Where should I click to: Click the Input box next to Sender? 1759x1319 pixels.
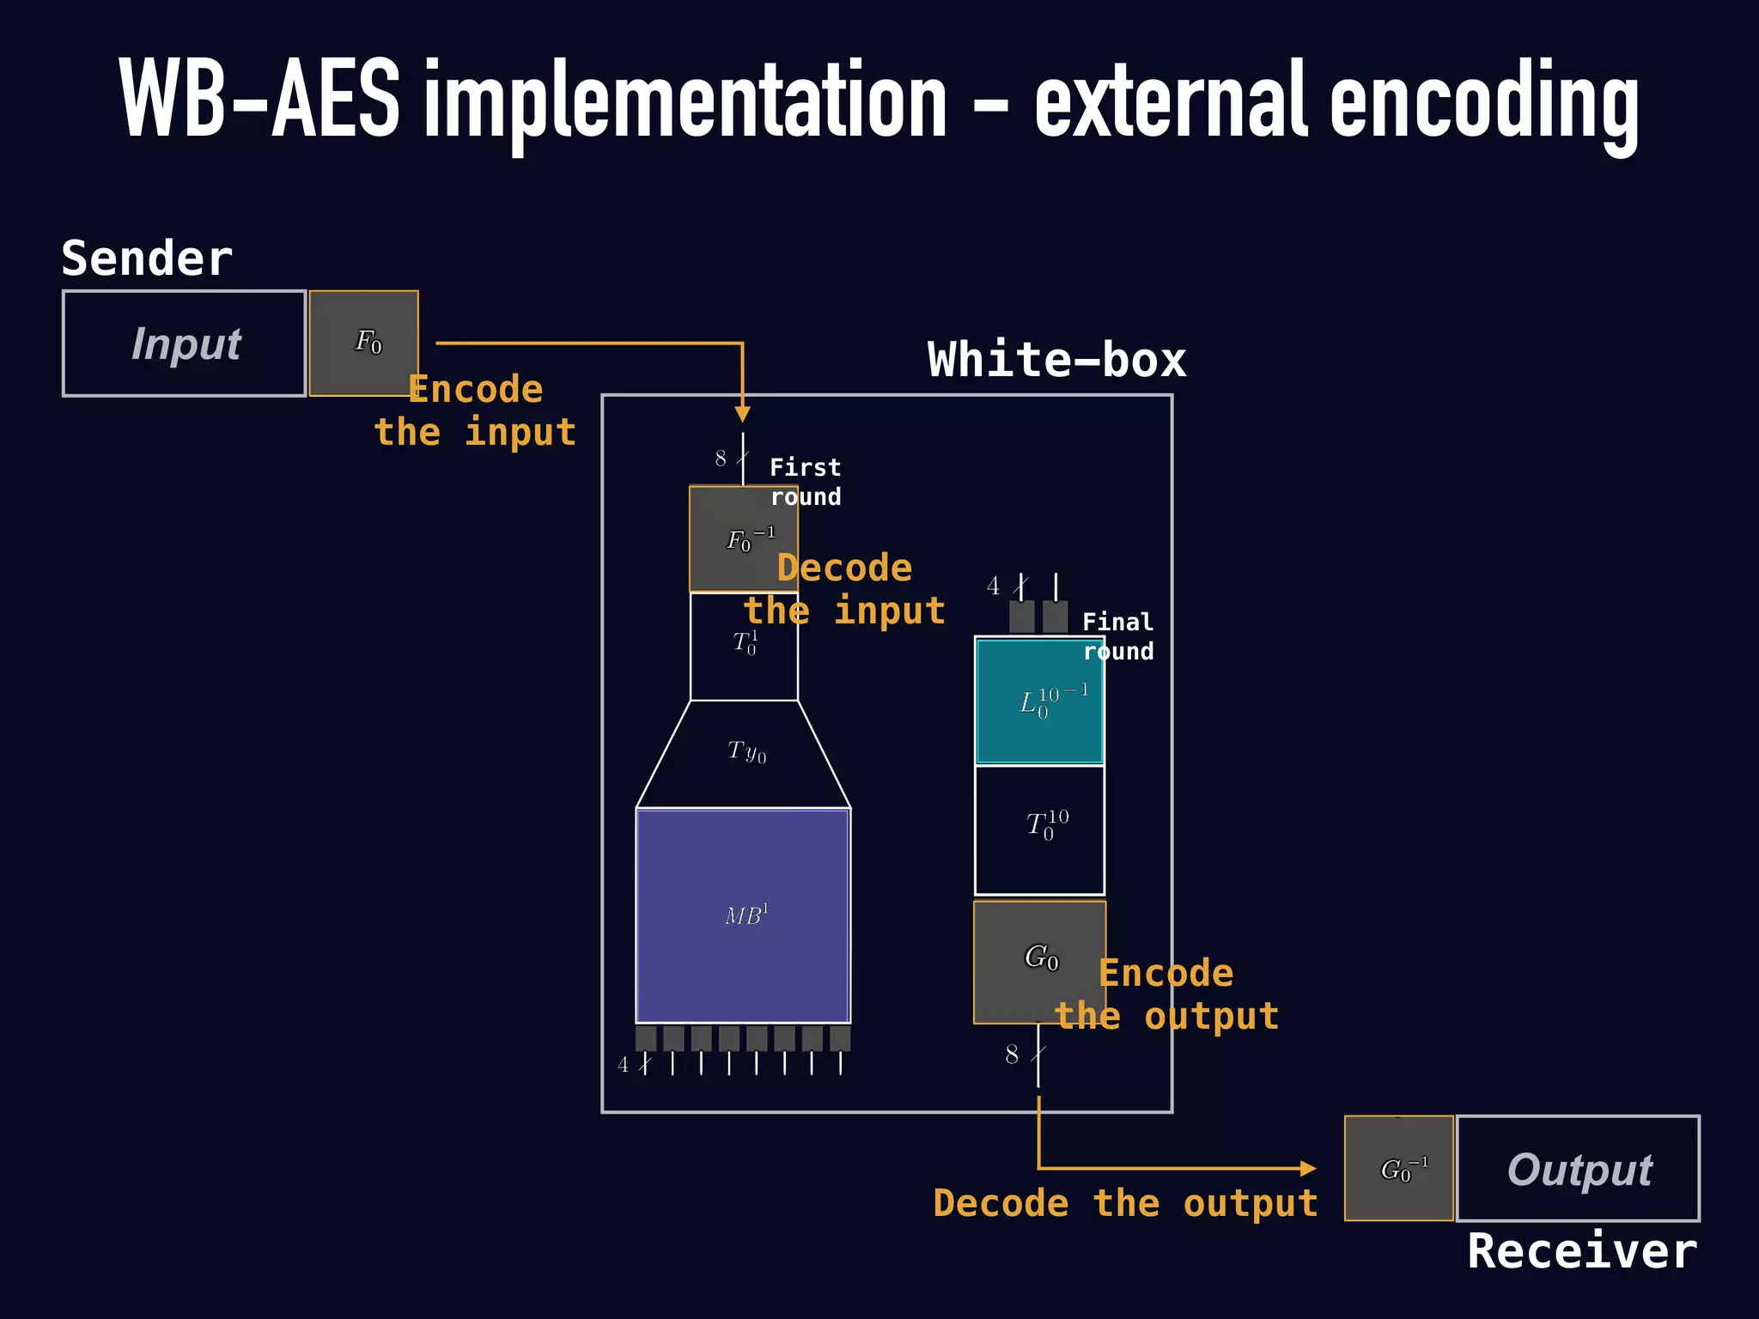(184, 343)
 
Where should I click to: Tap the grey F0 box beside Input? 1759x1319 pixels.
(364, 343)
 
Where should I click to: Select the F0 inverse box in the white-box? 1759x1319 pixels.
(744, 539)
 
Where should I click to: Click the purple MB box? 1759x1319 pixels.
(744, 915)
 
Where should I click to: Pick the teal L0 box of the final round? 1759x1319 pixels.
(1040, 701)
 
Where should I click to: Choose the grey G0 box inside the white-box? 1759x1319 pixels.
(1039, 961)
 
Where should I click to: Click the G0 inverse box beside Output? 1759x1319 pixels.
(1399, 1169)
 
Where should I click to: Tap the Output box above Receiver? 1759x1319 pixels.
(1579, 1169)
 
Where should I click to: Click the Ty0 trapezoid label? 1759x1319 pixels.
(746, 752)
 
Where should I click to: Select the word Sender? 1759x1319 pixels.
(147, 258)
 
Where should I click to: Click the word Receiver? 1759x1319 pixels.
(1582, 1251)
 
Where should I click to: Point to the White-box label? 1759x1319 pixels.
(1056, 360)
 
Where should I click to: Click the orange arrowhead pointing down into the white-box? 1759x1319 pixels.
(743, 414)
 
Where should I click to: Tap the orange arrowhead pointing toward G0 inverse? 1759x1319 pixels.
(1307, 1168)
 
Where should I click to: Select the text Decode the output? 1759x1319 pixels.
(1125, 1203)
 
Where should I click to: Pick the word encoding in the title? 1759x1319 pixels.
(1484, 101)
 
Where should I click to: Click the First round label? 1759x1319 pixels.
(806, 482)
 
